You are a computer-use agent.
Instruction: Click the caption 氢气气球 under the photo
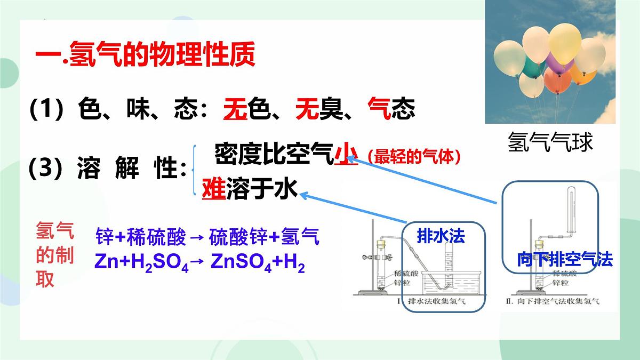550,142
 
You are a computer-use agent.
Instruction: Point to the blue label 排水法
441,236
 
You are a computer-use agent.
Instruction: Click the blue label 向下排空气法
565,260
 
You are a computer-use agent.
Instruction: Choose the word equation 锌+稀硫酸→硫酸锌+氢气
207,236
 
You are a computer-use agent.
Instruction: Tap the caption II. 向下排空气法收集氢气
552,301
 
